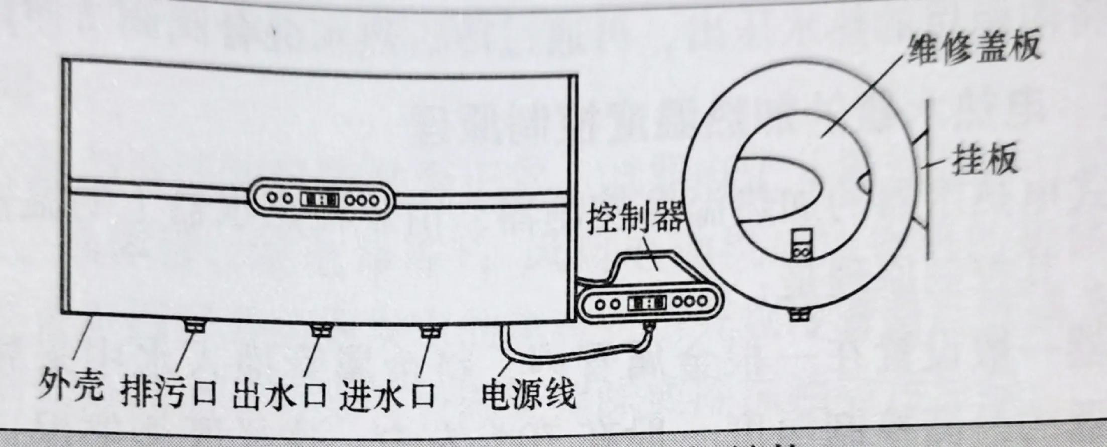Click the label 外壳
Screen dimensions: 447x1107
point(71,389)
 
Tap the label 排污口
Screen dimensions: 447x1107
point(169,392)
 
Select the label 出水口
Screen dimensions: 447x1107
point(279,394)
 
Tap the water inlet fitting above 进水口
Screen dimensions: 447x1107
point(429,331)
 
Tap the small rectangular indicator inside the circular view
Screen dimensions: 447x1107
point(801,245)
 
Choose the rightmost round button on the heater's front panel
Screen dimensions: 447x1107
point(374,201)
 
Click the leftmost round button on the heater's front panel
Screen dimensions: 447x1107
point(272,198)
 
